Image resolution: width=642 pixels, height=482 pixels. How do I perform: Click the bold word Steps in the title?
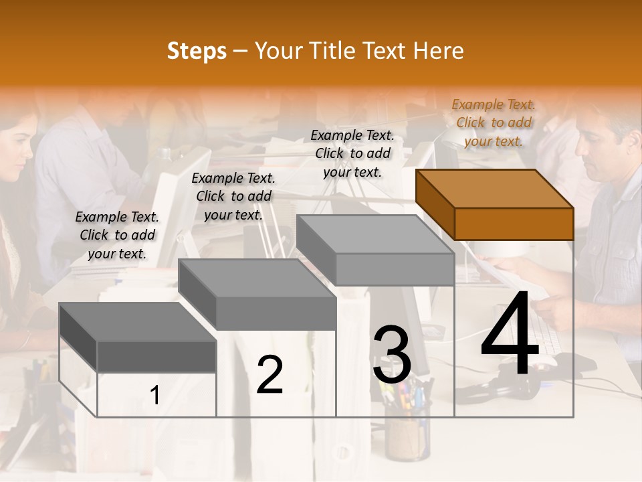pyautogui.click(x=197, y=51)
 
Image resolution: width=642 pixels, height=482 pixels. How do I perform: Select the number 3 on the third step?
pyautogui.click(x=392, y=355)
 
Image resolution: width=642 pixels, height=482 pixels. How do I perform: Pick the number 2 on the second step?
pyautogui.click(x=270, y=375)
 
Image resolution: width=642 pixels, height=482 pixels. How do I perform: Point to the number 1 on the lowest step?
pyautogui.click(x=155, y=395)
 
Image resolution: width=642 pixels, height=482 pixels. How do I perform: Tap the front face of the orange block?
pyautogui.click(x=514, y=224)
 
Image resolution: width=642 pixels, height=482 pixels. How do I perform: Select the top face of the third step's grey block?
pyautogui.click(x=374, y=234)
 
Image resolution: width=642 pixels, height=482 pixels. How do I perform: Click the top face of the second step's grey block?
pyautogui.click(x=256, y=278)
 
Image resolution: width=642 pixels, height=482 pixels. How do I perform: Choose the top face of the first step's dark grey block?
pyautogui.click(x=137, y=321)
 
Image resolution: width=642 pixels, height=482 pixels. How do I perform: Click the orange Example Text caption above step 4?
pyautogui.click(x=494, y=123)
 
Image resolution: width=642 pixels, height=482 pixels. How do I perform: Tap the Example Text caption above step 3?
pyautogui.click(x=352, y=153)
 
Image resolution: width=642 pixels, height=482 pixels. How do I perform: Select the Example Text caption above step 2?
pyautogui.click(x=233, y=196)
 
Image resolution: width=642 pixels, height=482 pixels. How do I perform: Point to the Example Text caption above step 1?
pyautogui.click(x=117, y=235)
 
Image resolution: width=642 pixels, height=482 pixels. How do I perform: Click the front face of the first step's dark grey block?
pyautogui.click(x=156, y=357)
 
